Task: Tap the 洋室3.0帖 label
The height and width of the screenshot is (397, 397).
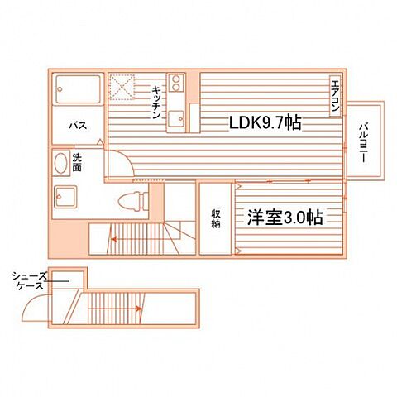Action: tap(284, 218)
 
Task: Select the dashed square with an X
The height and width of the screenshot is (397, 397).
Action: tap(124, 84)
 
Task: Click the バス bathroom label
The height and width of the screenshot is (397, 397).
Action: tap(78, 126)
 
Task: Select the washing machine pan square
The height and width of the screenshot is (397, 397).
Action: tap(66, 197)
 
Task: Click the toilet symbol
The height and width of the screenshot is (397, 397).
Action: tap(130, 200)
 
